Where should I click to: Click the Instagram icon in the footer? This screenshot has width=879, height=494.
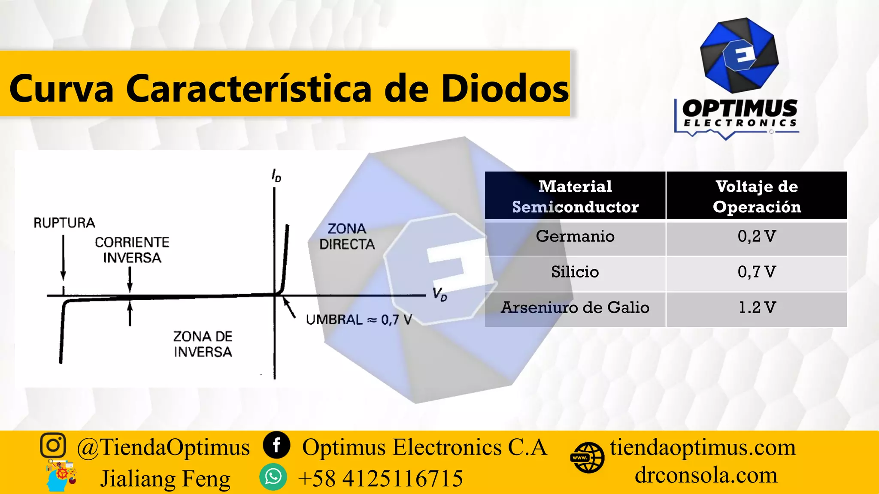(53, 446)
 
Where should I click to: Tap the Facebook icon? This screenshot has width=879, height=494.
(276, 445)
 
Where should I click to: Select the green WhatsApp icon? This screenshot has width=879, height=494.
(273, 477)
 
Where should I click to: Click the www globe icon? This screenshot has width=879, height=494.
(587, 458)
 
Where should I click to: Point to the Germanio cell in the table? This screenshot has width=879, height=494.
(575, 236)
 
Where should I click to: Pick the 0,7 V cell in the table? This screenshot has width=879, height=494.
(756, 272)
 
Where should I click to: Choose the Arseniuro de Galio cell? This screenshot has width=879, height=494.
(575, 307)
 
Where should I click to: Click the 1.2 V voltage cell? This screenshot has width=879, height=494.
(756, 307)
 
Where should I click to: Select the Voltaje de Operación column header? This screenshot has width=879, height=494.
(756, 196)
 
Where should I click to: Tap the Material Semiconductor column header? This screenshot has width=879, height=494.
(575, 196)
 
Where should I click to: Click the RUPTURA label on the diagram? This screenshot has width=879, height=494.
(64, 223)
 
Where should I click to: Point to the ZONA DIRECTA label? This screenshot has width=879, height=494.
(347, 236)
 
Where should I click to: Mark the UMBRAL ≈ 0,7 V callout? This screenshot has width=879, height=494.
(359, 319)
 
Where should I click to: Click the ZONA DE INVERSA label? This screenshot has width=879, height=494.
(203, 344)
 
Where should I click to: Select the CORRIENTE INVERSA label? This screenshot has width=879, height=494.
(132, 250)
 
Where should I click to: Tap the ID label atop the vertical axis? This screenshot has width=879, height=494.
(276, 176)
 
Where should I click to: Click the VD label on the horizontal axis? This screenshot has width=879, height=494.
(439, 295)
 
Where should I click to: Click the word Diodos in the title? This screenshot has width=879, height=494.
(505, 89)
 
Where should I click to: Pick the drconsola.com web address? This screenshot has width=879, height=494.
(706, 475)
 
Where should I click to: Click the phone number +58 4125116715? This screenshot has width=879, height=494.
(380, 478)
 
